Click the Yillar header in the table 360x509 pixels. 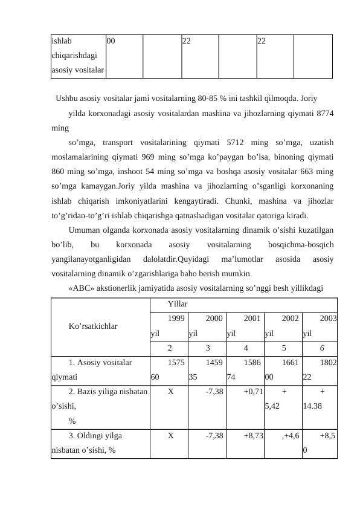[x=178, y=302]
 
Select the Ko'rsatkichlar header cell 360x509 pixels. [x=93, y=326]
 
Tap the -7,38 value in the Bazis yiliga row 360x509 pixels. [x=214, y=392]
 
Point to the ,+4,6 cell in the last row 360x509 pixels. [x=289, y=435]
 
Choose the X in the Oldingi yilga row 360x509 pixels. [x=172, y=435]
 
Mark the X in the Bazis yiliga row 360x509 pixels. [x=172, y=392]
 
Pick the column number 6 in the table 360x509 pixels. [x=323, y=348]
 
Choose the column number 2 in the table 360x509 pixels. [x=170, y=348]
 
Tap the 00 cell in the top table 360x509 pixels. [x=112, y=42]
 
